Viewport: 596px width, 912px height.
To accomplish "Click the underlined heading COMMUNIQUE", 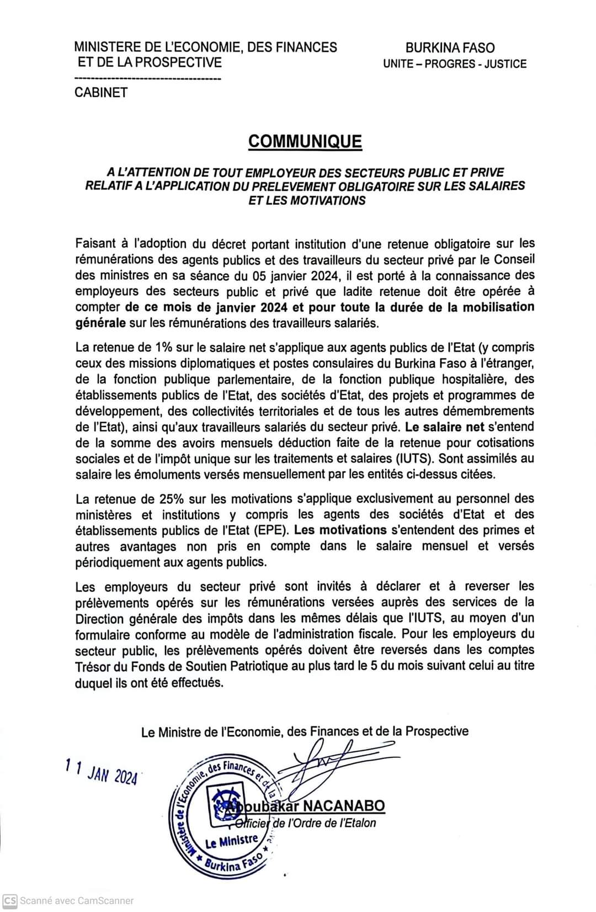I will point(305,141).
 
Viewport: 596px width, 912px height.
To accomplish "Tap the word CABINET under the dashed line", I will point(101,93).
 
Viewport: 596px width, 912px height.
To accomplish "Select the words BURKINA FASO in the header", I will point(450,48).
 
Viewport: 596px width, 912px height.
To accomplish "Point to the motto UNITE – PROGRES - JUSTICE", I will point(455,64).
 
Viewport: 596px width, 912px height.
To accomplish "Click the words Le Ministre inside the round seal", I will point(231,842).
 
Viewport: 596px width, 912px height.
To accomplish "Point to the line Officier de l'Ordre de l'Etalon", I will point(305,823).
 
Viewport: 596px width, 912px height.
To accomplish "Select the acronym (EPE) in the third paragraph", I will point(270,530).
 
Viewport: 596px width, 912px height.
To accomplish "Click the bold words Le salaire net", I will point(445,426).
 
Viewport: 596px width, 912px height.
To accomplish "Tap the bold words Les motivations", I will point(340,530).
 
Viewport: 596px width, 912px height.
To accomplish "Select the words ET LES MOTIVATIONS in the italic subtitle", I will point(307,201).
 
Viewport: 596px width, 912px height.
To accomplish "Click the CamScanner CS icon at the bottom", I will point(10,900).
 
